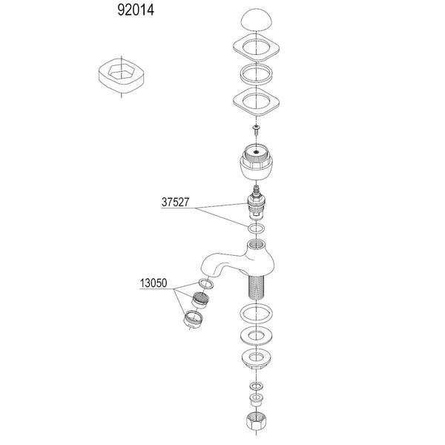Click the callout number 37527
point(179,200)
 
